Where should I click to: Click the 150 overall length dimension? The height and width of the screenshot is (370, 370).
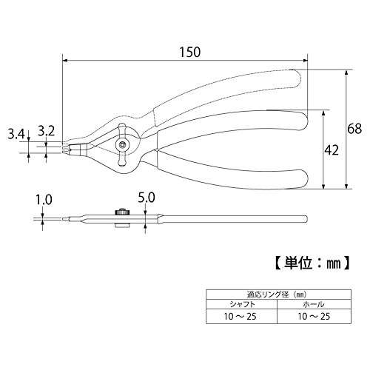pyautogui.click(x=189, y=53)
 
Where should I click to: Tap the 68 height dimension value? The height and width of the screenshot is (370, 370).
pyautogui.click(x=354, y=129)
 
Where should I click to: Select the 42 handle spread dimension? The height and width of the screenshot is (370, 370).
pyautogui.click(x=332, y=150)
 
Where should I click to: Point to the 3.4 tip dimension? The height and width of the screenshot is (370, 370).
pyautogui.click(x=16, y=135)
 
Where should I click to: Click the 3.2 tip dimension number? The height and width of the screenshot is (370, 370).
pyautogui.click(x=47, y=131)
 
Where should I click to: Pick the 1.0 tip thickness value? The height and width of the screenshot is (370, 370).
pyautogui.click(x=44, y=200)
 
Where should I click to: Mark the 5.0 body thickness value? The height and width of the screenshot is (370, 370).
pyautogui.click(x=147, y=198)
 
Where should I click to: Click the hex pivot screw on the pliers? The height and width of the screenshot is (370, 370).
pyautogui.click(x=122, y=145)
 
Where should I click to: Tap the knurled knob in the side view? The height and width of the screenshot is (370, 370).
pyautogui.click(x=122, y=212)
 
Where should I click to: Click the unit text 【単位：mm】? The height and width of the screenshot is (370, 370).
pyautogui.click(x=312, y=263)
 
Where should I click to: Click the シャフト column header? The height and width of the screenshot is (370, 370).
pyautogui.click(x=242, y=304)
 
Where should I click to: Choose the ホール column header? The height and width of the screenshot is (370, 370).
pyautogui.click(x=314, y=304)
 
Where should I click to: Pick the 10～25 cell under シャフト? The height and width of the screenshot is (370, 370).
pyautogui.click(x=240, y=316)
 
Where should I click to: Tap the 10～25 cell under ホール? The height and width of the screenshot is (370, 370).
pyautogui.click(x=314, y=316)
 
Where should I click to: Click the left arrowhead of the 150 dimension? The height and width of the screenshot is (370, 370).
pyautogui.click(x=65, y=60)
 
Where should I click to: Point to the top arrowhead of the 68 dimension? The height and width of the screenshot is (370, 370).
pyautogui.click(x=346, y=72)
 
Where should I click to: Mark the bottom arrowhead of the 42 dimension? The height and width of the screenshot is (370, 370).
pyautogui.click(x=323, y=186)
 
